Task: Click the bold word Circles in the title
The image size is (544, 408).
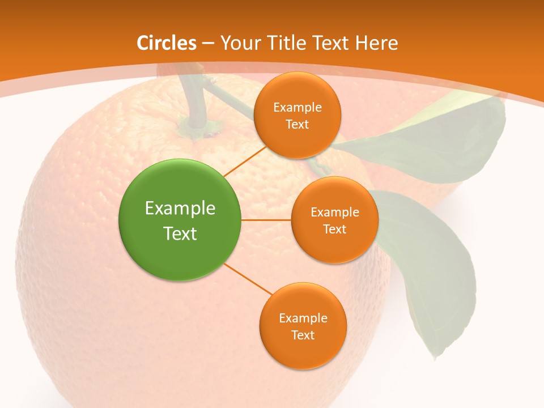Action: click(166, 43)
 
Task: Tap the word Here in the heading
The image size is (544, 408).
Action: click(377, 43)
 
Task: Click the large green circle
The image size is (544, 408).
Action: click(180, 220)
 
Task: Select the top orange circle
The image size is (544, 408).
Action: click(297, 115)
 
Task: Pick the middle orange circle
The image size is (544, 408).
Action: click(334, 220)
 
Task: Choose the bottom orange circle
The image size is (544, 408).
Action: click(303, 326)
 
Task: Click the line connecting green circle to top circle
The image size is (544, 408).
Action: click(245, 160)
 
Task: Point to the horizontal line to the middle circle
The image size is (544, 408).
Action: click(266, 220)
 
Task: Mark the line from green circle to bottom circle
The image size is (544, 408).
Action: click(247, 279)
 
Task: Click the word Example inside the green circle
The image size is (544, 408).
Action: click(180, 208)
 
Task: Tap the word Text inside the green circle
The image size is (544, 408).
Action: click(180, 233)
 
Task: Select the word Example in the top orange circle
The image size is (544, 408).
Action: click(297, 107)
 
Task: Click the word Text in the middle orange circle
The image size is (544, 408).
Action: click(334, 229)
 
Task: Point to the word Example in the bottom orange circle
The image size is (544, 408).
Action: click(303, 318)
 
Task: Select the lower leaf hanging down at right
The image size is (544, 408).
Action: click(431, 266)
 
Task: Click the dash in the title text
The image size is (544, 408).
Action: click(207, 43)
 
